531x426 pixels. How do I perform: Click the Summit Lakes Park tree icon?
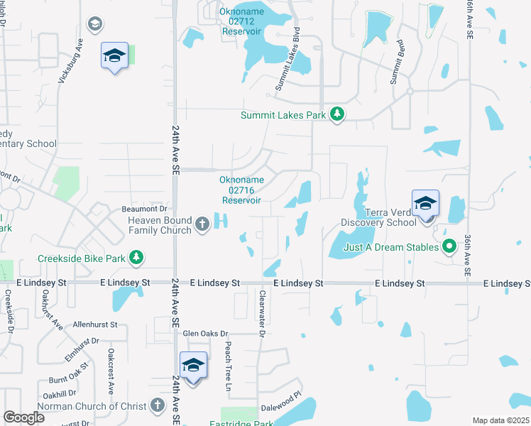[x=338, y=114]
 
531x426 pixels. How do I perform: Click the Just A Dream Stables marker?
[x=449, y=247]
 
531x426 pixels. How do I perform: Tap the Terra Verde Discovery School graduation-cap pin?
[x=425, y=204]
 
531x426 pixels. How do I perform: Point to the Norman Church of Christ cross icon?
[x=158, y=406]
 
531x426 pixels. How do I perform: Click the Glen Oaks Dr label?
[x=205, y=333]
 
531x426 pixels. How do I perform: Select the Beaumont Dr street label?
[x=143, y=209]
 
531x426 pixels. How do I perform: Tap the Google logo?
[x=24, y=417]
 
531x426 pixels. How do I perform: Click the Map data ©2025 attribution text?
[x=500, y=420]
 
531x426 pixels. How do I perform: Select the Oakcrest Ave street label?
[x=111, y=371]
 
